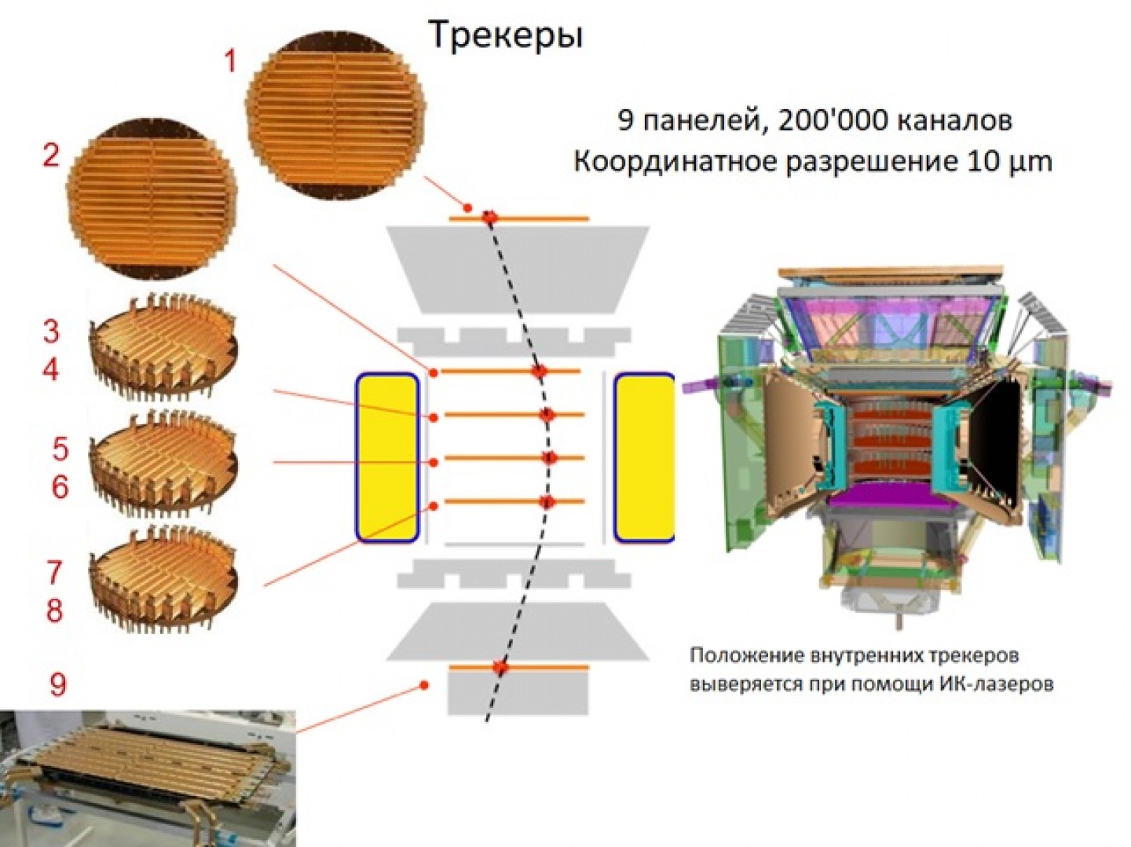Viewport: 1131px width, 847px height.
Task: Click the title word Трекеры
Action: pyautogui.click(x=506, y=35)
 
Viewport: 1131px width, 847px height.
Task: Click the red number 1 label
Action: pyautogui.click(x=230, y=61)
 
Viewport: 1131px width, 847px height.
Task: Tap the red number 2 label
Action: pyautogui.click(x=51, y=156)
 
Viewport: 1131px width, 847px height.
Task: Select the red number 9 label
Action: pyautogui.click(x=58, y=684)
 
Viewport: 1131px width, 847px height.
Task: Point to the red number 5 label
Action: pyautogui.click(x=60, y=449)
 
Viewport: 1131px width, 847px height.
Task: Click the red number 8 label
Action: pyautogui.click(x=55, y=610)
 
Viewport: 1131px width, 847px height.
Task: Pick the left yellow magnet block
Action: pyautogui.click(x=387, y=457)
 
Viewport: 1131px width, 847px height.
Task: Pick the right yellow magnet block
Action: pyautogui.click(x=644, y=457)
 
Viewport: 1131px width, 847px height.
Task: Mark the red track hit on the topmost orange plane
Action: pyautogui.click(x=490, y=217)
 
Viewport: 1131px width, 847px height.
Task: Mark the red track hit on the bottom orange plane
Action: pyautogui.click(x=500, y=668)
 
